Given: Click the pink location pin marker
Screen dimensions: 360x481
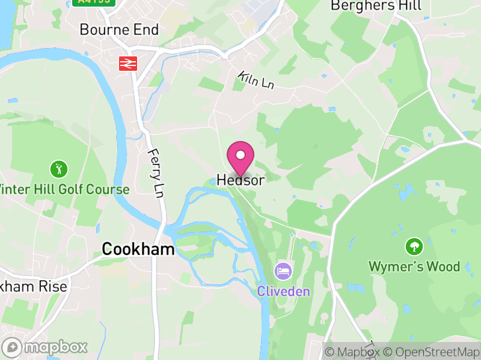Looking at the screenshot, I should pyautogui.click(x=240, y=157).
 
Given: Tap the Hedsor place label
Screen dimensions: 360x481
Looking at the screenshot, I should pyautogui.click(x=240, y=180).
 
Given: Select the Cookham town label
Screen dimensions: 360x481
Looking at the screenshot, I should pyautogui.click(x=138, y=249).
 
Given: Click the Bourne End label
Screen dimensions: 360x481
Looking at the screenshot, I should pyautogui.click(x=119, y=29).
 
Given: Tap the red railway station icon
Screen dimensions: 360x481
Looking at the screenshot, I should pyautogui.click(x=128, y=63).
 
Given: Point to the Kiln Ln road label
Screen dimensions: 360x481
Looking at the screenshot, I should pyautogui.click(x=256, y=80).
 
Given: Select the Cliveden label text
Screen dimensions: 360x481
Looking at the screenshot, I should pyautogui.click(x=284, y=292).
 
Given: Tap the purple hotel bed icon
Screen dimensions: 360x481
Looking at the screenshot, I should pyautogui.click(x=283, y=271).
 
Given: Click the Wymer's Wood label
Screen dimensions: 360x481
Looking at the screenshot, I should pyautogui.click(x=414, y=266).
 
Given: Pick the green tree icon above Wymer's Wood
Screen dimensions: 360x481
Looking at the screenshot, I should pyautogui.click(x=414, y=246).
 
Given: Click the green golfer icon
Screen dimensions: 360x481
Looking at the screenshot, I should pyautogui.click(x=58, y=169).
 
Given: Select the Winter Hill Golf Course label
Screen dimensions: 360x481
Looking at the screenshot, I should pyautogui.click(x=64, y=190).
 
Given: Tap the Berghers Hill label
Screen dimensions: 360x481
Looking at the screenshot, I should pyautogui.click(x=376, y=6).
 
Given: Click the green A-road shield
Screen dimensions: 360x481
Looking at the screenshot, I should pyautogui.click(x=95, y=2).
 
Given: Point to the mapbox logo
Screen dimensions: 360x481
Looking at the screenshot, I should pyautogui.click(x=46, y=347).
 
